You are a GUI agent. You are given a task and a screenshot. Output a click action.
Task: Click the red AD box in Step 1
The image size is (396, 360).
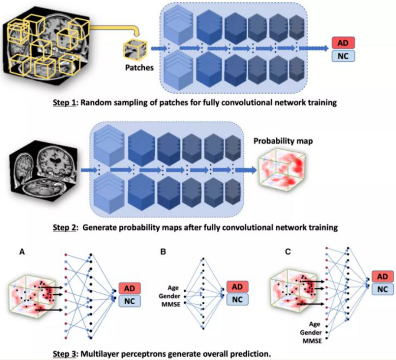[343, 43]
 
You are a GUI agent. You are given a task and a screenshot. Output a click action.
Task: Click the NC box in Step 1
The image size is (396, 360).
[343, 55]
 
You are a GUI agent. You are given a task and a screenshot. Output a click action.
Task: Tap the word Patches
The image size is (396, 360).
[139, 68]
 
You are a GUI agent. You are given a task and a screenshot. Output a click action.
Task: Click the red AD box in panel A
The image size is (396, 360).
[127, 289]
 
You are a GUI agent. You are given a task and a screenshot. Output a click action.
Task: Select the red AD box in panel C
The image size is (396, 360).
[383, 277]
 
